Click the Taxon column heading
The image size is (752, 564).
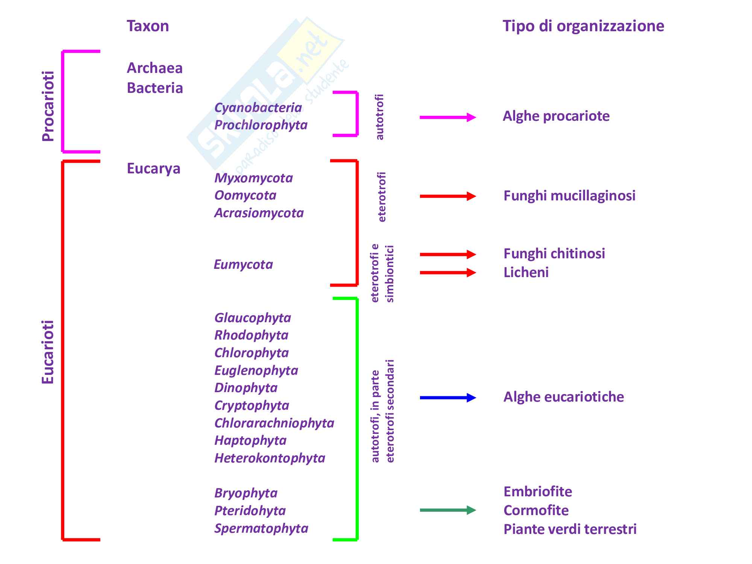coord(148,26)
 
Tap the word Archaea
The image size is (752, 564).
coord(155,68)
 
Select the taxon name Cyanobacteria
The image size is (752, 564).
coord(258,108)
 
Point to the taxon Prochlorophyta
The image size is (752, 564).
coord(261,125)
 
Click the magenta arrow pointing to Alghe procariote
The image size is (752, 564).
coord(447,117)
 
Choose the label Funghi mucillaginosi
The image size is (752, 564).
coord(569,196)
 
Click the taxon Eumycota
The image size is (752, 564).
coord(243,264)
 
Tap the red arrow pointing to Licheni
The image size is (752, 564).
coord(447,273)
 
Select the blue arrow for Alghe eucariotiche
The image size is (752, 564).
coord(447,397)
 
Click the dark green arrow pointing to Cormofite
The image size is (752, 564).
coord(447,510)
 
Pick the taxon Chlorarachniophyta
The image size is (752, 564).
coord(274,423)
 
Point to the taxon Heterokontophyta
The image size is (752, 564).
coord(270,458)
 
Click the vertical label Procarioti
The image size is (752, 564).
coord(48,106)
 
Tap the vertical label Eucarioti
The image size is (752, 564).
coord(48,352)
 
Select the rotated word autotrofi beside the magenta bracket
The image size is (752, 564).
coord(380,117)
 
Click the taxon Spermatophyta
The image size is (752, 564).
coord(261,528)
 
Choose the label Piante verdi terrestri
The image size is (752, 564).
coord(570,529)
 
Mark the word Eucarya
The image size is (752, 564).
coord(153,168)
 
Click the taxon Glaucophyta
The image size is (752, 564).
coord(253,318)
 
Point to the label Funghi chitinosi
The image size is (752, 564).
coord(554,253)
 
